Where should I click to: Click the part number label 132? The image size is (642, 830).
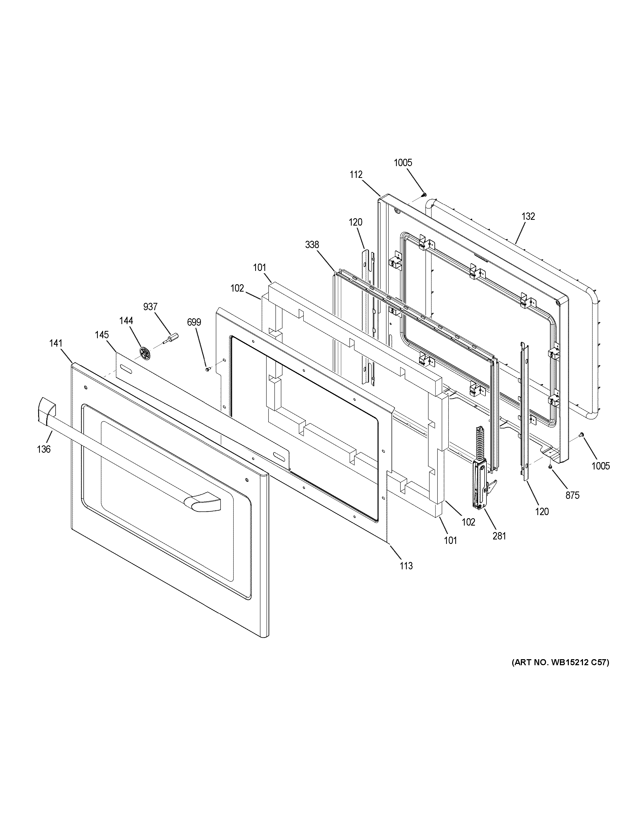[x=528, y=216]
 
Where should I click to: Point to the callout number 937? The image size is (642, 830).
[x=150, y=307]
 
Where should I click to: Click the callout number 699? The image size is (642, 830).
[x=194, y=322]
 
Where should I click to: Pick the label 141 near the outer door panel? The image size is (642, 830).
[x=56, y=343]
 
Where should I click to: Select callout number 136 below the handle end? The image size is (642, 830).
[x=44, y=449]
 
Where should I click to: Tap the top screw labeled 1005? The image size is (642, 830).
[x=424, y=195]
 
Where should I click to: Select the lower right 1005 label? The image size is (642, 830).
[x=601, y=466]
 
